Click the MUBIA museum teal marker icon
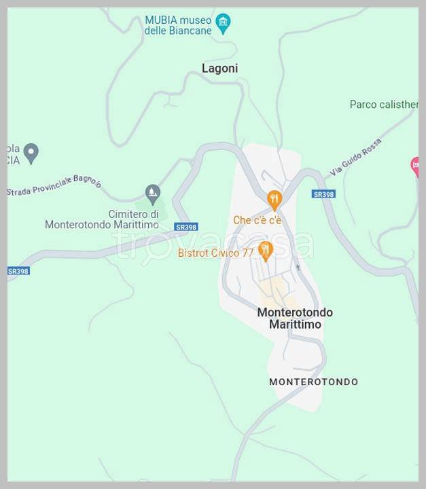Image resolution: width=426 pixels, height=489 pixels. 223,24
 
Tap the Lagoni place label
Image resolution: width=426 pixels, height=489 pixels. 219,68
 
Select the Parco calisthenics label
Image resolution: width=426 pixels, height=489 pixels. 383,104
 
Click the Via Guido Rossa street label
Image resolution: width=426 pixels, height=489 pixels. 355,158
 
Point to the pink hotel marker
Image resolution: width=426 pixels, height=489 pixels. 416,166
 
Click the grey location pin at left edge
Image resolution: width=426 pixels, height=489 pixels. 31,153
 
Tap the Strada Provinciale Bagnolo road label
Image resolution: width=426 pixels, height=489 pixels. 54,187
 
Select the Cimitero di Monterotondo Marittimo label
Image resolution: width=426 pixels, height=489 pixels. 102,219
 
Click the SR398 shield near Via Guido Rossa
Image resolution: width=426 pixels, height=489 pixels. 323,194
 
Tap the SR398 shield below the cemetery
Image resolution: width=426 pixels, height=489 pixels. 185,227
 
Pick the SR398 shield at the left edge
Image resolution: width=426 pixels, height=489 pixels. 18,270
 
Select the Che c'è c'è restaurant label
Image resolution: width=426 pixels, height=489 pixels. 257,220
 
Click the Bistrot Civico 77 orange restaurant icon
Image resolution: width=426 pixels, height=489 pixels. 266,251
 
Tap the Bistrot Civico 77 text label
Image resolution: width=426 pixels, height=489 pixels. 215,253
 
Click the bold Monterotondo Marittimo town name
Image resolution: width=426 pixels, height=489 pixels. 295,319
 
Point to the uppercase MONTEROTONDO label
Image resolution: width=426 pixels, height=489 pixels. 313,382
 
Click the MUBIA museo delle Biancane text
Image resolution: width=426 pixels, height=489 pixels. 178,25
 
